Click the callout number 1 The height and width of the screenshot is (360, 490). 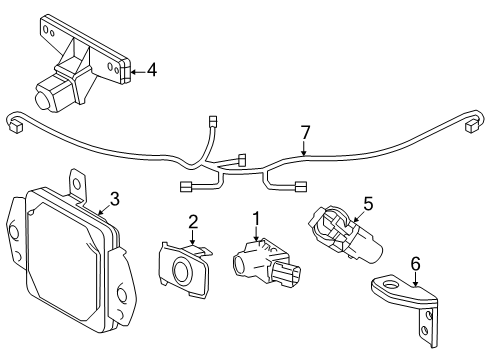tap(256, 218)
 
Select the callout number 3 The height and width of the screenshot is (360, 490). tap(115, 199)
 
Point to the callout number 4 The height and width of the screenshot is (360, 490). tap(151, 70)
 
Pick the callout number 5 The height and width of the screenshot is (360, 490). tap(367, 203)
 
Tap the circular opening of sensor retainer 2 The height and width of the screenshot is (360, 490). tap(182, 269)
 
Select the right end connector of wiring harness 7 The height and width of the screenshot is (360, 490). tap(471, 125)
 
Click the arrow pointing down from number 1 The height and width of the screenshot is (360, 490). tap(256, 235)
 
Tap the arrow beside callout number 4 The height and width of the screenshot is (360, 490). tap(137, 70)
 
